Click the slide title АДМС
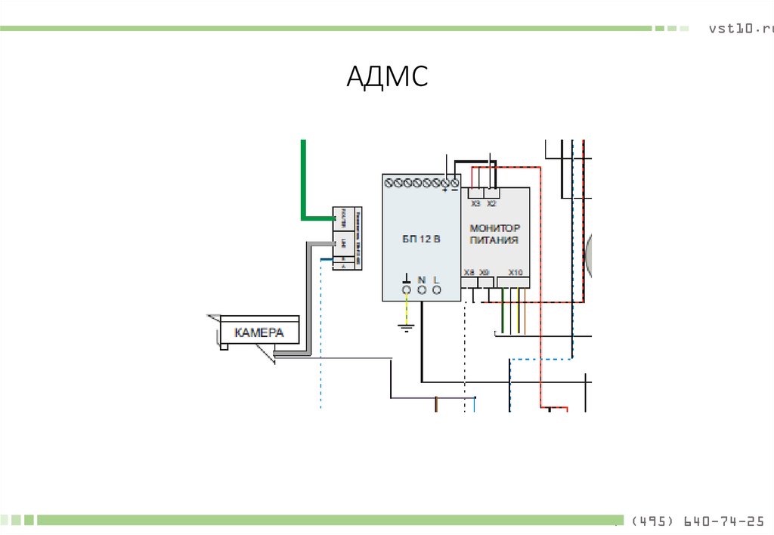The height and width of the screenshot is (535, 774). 388,76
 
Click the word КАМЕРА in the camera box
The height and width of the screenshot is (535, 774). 259,332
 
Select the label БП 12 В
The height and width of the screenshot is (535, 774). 421,239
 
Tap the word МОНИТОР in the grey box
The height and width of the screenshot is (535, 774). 495,228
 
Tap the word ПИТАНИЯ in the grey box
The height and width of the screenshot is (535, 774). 494,240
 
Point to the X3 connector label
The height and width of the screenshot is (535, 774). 475,204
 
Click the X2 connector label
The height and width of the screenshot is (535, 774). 491,204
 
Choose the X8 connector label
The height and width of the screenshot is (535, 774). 469,272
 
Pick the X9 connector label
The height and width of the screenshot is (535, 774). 484,272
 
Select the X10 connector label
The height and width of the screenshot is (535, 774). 515,272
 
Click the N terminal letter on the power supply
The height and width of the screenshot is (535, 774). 422,280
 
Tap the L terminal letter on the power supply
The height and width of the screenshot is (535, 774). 436,280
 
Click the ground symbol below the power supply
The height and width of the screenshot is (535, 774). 406,327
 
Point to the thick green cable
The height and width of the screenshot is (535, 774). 304,181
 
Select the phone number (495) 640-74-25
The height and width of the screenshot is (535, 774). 697,521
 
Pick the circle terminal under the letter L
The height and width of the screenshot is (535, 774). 436,290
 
